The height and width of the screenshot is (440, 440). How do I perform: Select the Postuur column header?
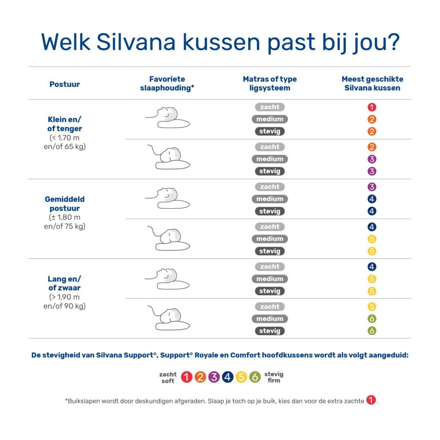click(x=64, y=84)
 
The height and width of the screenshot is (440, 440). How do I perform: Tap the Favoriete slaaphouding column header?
click(x=167, y=84)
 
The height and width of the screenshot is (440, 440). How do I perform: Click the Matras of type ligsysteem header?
click(x=270, y=84)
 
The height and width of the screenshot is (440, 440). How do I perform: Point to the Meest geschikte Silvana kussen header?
click(x=372, y=84)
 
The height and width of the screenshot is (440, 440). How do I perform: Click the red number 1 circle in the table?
click(x=372, y=108)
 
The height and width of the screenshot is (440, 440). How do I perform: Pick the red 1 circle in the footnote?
click(x=371, y=400)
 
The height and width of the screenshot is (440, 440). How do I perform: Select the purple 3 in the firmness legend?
click(x=214, y=377)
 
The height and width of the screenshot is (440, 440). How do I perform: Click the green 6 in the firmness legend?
click(x=255, y=377)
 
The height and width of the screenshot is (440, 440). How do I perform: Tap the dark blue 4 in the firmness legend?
click(x=228, y=377)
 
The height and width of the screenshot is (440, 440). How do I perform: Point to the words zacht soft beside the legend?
click(x=167, y=377)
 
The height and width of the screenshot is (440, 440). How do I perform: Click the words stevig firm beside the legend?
click(x=274, y=377)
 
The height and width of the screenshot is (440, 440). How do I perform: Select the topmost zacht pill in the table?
click(x=270, y=107)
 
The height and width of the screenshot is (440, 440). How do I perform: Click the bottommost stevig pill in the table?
click(x=270, y=331)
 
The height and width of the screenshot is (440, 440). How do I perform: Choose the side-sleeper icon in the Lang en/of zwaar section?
click(x=169, y=318)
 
